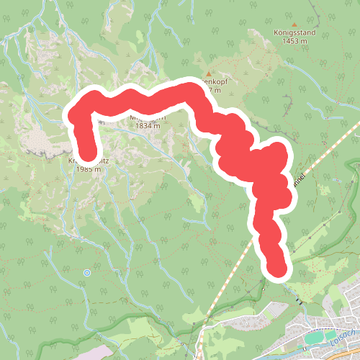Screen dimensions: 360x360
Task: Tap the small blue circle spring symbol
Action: coord(86,273)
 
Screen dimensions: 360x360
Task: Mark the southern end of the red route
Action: coord(276,269)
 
